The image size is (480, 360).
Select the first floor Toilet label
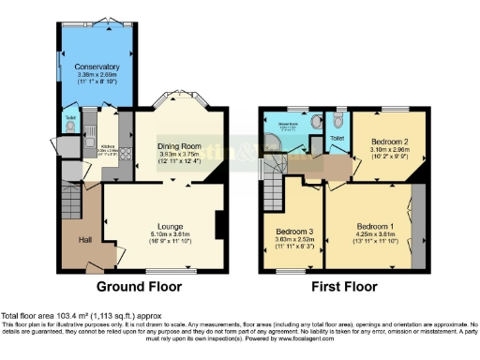coord(337,138)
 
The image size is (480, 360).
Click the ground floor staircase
coord(73,198)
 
